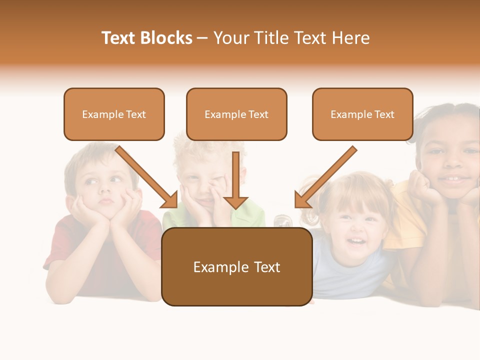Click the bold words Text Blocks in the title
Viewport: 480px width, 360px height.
(146, 38)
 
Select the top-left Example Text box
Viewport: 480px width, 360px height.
(114, 114)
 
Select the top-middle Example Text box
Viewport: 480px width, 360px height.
(236, 114)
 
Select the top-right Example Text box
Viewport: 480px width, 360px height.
(362, 114)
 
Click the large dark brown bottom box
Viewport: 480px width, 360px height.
(236, 267)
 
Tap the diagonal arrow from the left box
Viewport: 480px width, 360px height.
(147, 177)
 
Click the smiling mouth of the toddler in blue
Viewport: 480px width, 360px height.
(355, 242)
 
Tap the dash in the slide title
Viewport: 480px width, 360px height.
(202, 38)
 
